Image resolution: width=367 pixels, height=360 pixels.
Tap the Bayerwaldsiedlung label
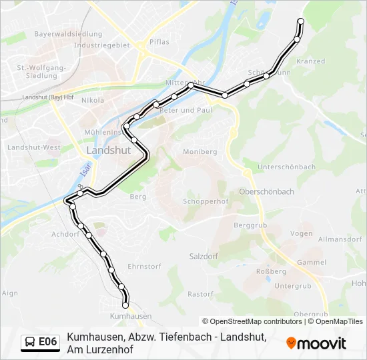point(68,34)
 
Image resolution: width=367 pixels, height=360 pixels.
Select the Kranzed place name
point(310,61)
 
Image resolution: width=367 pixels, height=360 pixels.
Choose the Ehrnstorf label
point(145,267)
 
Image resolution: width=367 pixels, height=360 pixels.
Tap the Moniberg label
point(200,152)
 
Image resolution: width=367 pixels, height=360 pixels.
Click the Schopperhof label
point(206,201)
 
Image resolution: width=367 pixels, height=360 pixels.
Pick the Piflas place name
point(159,41)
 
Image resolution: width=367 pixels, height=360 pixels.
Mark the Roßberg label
point(271,271)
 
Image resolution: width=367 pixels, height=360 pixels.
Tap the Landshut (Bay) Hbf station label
point(48,97)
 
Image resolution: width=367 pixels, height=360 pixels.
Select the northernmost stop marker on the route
point(300,21)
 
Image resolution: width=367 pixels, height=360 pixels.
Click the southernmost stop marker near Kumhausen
point(125,305)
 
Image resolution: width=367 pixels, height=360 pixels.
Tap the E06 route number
point(47,342)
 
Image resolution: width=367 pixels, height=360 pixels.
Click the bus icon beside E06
point(30,343)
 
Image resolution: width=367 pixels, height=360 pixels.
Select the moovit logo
point(316,343)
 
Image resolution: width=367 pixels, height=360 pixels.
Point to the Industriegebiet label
point(101,45)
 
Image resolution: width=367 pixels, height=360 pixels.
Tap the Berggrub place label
point(251,226)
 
